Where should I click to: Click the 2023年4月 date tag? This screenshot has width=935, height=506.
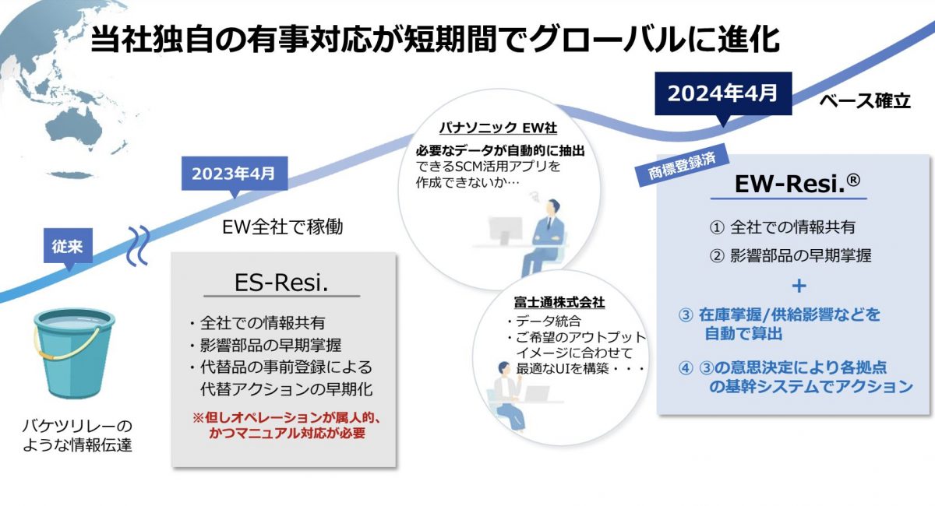(x=235, y=174)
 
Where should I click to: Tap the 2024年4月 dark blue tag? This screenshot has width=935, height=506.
(x=723, y=93)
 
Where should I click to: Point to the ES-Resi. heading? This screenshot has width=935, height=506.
(x=281, y=283)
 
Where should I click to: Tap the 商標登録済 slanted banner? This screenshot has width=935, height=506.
(x=682, y=165)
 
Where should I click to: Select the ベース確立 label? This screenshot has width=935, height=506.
(x=865, y=101)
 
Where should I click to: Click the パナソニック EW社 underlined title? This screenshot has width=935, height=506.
(x=498, y=128)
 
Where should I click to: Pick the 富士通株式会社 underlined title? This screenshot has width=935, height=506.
(x=559, y=302)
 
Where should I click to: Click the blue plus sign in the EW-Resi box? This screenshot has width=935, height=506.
(x=799, y=286)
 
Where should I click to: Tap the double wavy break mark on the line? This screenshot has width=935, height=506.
(x=138, y=246)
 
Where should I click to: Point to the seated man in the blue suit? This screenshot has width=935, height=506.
(x=542, y=237)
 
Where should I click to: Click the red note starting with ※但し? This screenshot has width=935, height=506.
(x=287, y=425)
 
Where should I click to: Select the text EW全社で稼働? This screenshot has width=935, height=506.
(x=283, y=227)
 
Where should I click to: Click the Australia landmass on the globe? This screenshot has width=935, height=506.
(x=75, y=126)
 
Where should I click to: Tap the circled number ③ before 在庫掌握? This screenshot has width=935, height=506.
(x=686, y=315)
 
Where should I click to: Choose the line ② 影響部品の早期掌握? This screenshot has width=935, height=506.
(x=791, y=255)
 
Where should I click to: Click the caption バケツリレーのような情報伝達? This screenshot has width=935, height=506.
(x=77, y=435)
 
